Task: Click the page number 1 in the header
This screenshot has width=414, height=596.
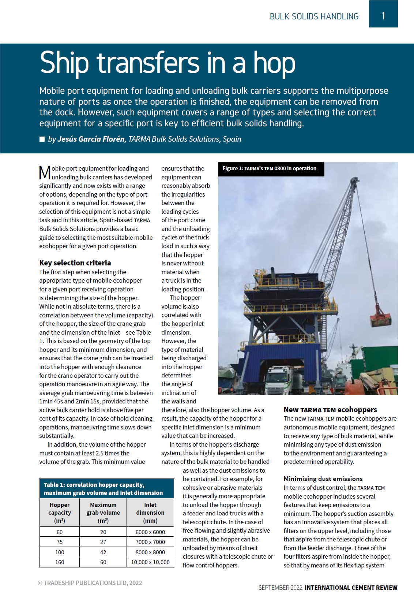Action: (383, 16)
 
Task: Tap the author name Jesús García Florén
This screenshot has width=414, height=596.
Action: (91, 139)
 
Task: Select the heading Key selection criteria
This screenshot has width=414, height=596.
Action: (75, 263)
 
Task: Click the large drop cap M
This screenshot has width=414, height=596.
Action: (45, 173)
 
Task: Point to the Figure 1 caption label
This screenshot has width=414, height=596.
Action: (270, 168)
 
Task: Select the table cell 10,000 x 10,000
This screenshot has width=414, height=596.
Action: (150, 562)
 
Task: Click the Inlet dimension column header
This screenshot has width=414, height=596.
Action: (150, 513)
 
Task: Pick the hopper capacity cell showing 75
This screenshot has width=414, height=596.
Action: (60, 542)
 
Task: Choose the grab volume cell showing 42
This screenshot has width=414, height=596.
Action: (103, 552)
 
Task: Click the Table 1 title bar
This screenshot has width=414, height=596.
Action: (103, 489)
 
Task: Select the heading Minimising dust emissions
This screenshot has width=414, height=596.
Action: (323, 479)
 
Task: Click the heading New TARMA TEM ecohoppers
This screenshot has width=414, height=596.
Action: (330, 410)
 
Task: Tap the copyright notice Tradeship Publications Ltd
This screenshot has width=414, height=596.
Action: (90, 583)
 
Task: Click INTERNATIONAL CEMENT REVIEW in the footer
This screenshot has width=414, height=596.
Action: (351, 588)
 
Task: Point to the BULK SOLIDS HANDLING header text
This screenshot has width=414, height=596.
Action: (314, 16)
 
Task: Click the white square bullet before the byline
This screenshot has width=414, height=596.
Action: (42, 139)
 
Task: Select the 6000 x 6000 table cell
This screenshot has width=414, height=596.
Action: (150, 532)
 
